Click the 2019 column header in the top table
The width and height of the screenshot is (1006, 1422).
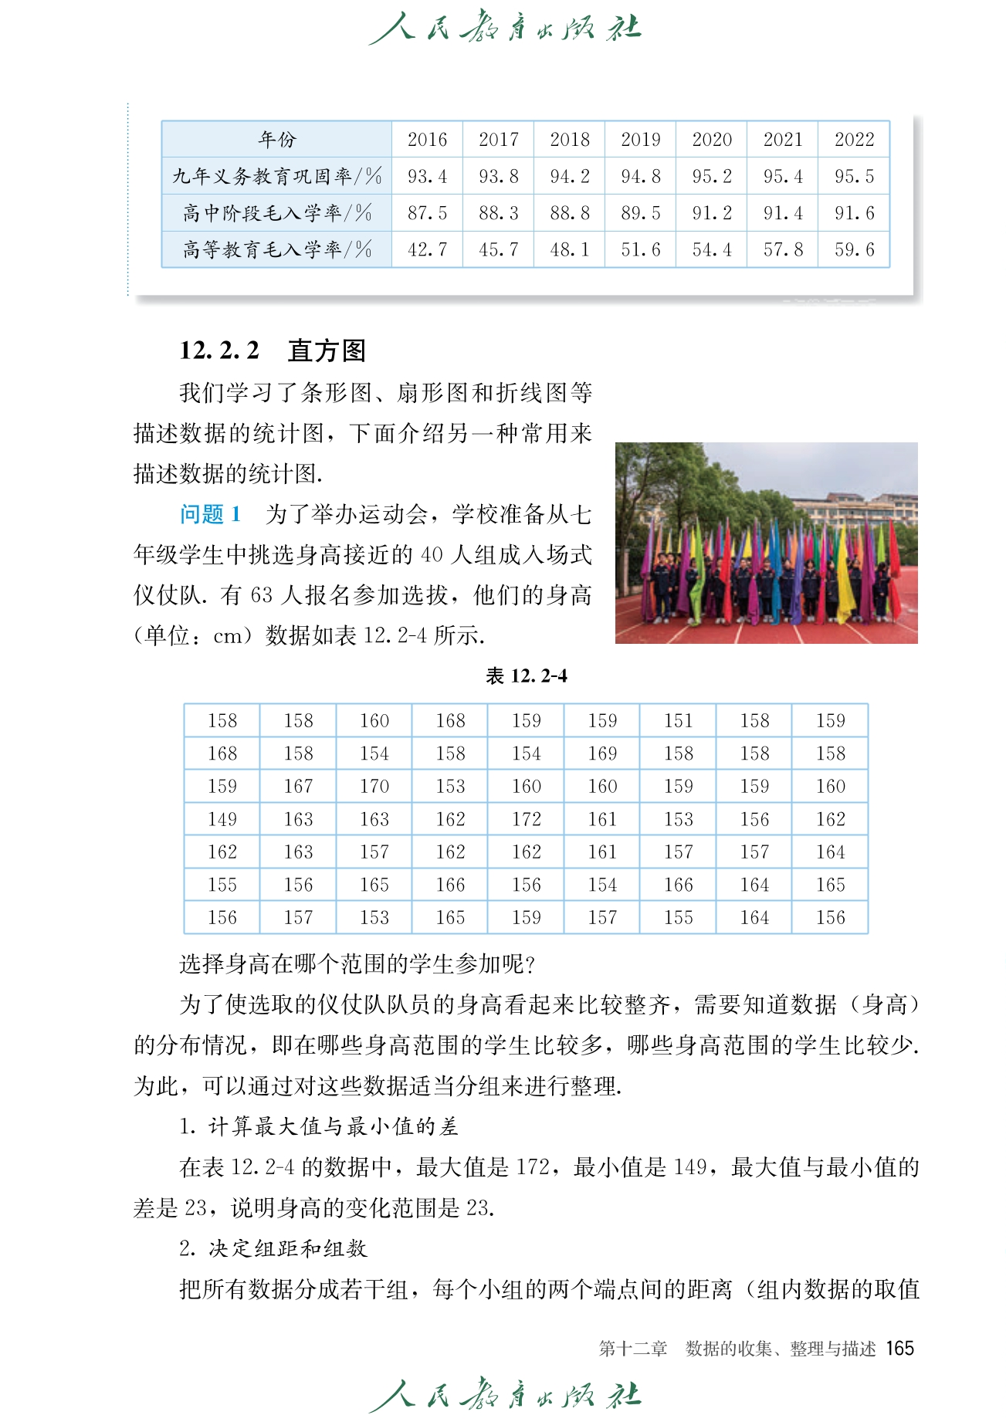(x=640, y=140)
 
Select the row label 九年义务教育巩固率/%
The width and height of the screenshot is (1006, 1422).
(x=277, y=176)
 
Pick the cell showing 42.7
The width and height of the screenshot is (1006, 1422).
(x=427, y=249)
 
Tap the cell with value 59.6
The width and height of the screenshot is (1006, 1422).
(x=854, y=249)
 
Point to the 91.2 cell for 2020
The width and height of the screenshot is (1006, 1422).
(x=711, y=213)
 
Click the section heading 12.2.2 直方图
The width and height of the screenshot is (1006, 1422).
(x=273, y=350)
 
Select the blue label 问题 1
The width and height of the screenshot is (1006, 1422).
(x=210, y=514)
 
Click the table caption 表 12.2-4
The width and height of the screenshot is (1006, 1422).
(x=526, y=676)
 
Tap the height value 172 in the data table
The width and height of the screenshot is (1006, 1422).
(x=526, y=819)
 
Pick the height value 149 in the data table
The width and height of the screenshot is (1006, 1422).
(x=222, y=819)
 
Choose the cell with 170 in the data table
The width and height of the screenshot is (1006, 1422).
(x=374, y=786)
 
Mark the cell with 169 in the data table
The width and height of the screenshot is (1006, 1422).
(x=602, y=753)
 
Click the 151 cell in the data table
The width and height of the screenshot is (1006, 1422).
(x=678, y=720)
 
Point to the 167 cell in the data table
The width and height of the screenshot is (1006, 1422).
(x=298, y=786)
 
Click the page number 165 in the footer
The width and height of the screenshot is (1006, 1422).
(x=899, y=1349)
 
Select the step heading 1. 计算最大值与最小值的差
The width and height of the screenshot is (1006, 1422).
(x=319, y=1126)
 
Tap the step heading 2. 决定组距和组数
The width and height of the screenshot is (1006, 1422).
(x=273, y=1248)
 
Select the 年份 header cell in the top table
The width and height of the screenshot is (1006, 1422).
(x=277, y=140)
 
